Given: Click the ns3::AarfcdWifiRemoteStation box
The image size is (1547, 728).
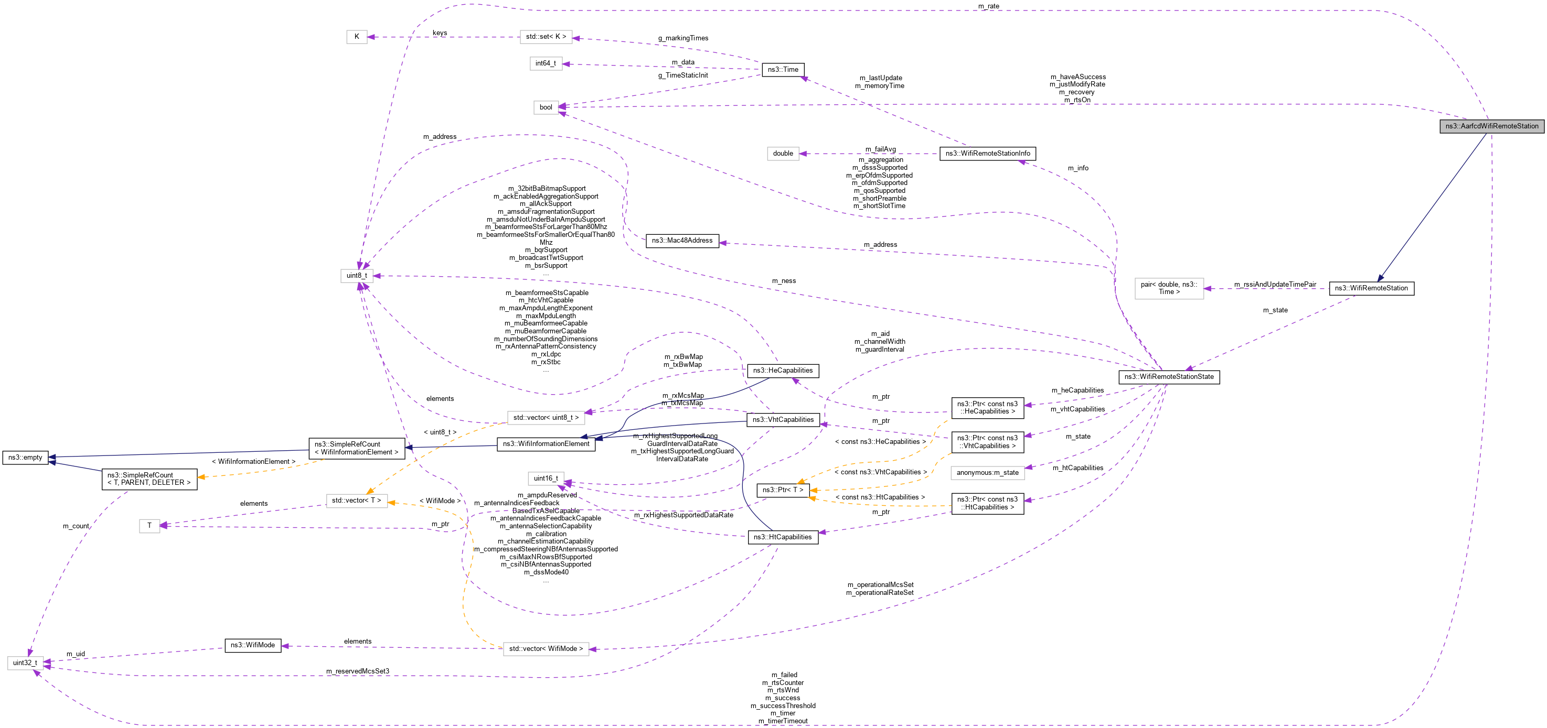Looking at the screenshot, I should point(1491,126).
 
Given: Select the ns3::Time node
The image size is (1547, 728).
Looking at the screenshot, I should point(783,70).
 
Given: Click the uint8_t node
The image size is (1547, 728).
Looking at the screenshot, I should point(357,276).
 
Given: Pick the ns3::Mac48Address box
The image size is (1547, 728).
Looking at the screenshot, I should point(681,241).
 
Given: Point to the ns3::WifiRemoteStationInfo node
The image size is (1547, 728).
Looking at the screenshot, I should point(987,154).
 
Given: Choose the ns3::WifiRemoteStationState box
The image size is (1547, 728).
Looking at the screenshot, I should point(1169,377).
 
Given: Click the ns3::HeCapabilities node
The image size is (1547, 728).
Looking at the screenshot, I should point(783,371).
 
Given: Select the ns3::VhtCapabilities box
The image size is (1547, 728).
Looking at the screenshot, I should point(783,420).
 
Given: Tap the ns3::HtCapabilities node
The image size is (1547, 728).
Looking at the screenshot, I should point(783,537).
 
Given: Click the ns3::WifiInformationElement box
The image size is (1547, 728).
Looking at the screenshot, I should point(546,444).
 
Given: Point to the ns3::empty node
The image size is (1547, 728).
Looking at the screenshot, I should point(25,458).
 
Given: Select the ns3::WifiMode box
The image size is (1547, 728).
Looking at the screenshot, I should point(253,645).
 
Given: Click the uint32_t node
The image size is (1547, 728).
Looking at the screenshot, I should point(25,663).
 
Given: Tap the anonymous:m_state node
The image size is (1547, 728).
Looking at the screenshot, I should point(987,473).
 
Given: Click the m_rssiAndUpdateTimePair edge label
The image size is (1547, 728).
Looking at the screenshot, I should point(1275,285).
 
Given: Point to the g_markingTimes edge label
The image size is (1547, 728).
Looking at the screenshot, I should point(683,38).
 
